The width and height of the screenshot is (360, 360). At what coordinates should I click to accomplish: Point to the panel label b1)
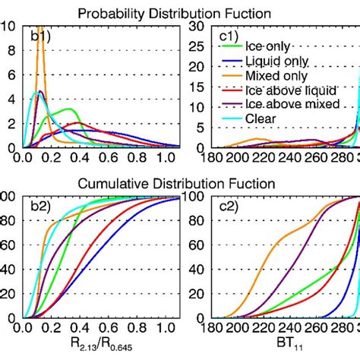tap(39, 35)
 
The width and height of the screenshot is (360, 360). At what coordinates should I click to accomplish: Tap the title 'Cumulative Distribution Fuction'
tap(180, 183)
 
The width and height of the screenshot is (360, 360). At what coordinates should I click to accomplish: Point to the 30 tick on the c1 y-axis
tap(196, 25)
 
